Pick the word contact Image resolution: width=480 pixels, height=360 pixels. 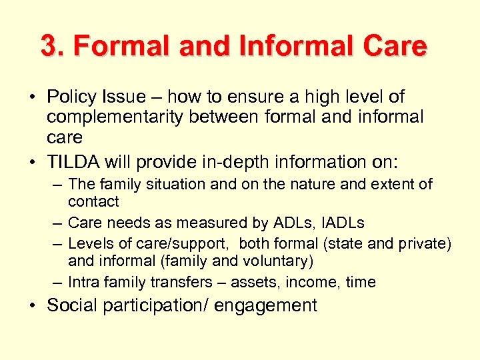93,201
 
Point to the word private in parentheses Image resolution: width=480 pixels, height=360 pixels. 425,243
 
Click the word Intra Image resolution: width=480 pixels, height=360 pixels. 84,282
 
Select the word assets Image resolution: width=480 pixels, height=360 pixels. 257,282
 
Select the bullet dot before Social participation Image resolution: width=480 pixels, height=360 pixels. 32,307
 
